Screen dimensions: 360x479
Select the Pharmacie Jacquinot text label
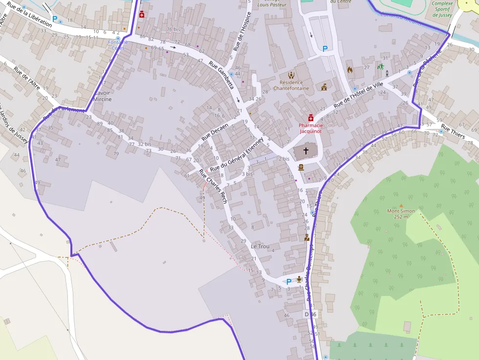(311, 128)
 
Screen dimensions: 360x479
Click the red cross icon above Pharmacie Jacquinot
(310, 118)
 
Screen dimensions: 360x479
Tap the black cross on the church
(306, 151)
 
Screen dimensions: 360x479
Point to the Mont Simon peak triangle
(401, 206)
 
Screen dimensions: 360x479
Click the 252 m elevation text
(401, 216)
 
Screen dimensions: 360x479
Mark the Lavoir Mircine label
(103, 96)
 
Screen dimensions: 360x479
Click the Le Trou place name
(260, 246)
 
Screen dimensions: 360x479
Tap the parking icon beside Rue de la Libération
(55, 20)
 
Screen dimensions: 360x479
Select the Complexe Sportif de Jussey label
(442, 9)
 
